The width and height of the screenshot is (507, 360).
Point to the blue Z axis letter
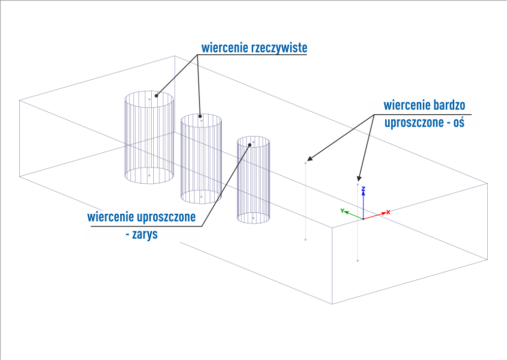(363, 189)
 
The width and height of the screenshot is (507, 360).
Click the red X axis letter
(388, 212)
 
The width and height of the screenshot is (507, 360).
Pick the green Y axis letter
(343, 210)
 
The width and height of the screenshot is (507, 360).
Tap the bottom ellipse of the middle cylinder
(201, 203)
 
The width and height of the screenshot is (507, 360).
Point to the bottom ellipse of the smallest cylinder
(253, 221)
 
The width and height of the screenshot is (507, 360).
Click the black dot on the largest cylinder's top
(157, 94)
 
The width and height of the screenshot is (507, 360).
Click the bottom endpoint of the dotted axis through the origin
(358, 260)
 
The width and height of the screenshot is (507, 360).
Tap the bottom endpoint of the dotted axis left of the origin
(306, 239)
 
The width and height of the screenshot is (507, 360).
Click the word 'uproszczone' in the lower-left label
(166, 217)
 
